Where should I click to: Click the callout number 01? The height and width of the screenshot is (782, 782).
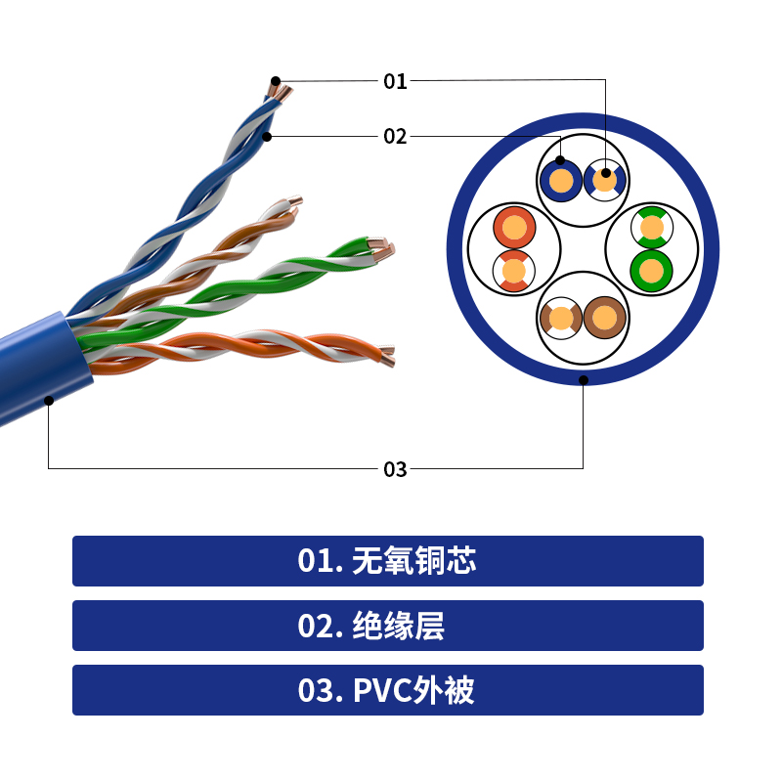point(395,81)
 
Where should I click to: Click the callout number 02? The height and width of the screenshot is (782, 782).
point(395,137)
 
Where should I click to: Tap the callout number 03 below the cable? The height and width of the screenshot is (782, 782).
point(395,469)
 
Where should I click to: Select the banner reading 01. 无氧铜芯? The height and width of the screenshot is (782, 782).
point(388,561)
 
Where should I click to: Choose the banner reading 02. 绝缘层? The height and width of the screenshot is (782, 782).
point(388,626)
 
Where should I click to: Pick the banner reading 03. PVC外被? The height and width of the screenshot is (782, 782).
point(388,690)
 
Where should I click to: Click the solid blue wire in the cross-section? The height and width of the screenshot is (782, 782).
point(561,181)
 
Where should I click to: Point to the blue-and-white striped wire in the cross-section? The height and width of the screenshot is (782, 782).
point(605,181)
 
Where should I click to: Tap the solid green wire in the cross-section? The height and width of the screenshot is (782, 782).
point(651,271)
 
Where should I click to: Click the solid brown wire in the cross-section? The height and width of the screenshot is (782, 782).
point(605,318)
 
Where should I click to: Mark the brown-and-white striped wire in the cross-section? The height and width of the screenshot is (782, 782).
point(561,318)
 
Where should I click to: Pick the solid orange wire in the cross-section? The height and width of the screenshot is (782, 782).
point(514,227)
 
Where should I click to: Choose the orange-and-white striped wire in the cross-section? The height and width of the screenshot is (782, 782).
point(514,271)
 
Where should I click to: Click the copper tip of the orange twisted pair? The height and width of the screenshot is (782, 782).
point(387,357)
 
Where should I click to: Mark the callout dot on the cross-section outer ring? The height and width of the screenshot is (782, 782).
point(584,380)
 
